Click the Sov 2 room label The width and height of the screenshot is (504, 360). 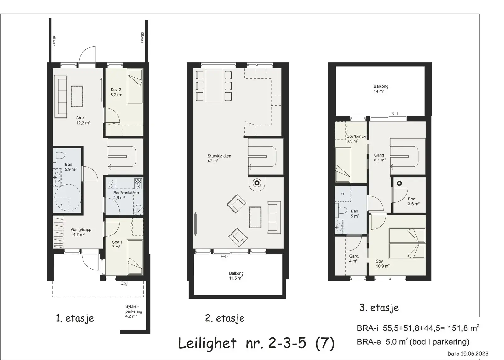[116, 92]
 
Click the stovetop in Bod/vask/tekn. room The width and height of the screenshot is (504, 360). [138, 184]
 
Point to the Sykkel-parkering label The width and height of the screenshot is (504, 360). [134, 311]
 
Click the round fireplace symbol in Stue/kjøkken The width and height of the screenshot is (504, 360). [256, 183]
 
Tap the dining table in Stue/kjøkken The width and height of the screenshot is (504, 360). [214, 86]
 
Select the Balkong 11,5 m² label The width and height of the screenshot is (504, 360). [236, 276]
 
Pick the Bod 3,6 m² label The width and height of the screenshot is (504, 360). [414, 201]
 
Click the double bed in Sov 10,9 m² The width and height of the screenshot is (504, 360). [407, 243]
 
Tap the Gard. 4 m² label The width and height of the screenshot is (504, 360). [354, 258]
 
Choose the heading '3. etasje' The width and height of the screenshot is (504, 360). [379, 308]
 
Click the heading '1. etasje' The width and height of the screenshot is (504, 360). [75, 318]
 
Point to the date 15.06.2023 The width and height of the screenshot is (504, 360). [474, 353]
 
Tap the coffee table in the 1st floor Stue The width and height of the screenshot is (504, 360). [77, 96]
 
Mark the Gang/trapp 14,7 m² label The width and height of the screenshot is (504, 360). [81, 232]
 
